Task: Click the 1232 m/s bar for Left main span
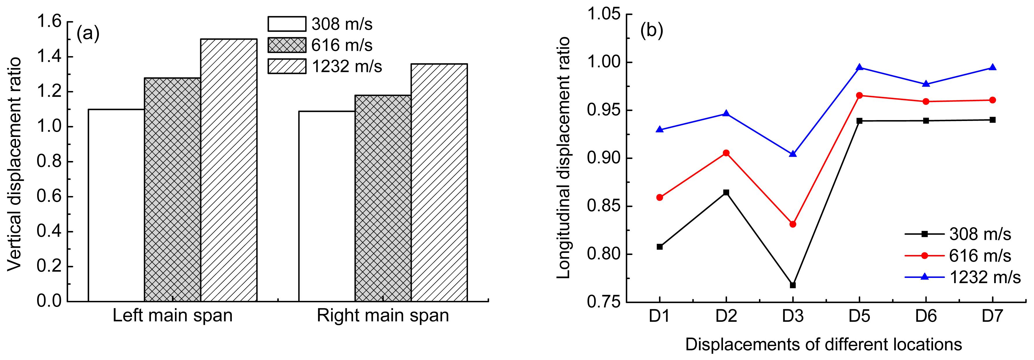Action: tap(229, 170)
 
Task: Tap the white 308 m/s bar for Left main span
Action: tap(116, 205)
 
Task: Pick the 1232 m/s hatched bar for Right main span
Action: tap(439, 182)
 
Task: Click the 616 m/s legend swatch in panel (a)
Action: tap(287, 45)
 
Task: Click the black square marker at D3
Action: tap(793, 285)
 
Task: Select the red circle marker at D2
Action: tap(726, 153)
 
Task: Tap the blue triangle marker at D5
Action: tap(859, 67)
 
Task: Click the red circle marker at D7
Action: tap(993, 100)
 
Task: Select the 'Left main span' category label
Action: tap(173, 315)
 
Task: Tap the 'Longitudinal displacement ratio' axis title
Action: tap(564, 158)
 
